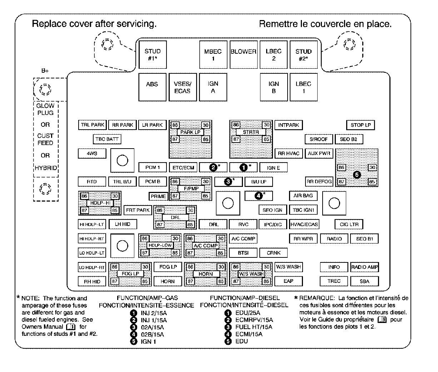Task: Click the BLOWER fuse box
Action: coord(244,54)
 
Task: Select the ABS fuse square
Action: coord(152,87)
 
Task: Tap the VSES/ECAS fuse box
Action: coord(183,87)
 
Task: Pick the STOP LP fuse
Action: coord(360,125)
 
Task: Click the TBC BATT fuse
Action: coord(107,139)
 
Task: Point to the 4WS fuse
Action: coord(92,153)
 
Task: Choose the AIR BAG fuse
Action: coord(303,195)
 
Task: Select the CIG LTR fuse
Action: coord(349,224)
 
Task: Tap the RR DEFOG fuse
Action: coord(319,182)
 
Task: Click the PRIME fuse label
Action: coord(158,197)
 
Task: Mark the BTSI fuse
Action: coord(243,253)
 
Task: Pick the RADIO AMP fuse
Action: coord(364,267)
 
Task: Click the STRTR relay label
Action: coord(251,132)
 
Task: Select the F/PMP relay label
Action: coord(191,189)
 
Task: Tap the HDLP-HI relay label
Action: coord(100,203)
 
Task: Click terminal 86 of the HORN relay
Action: coord(190,267)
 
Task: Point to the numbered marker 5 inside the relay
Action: coord(357,175)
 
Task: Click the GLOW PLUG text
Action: coord(45,109)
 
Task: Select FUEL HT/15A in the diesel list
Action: coord(254,327)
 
